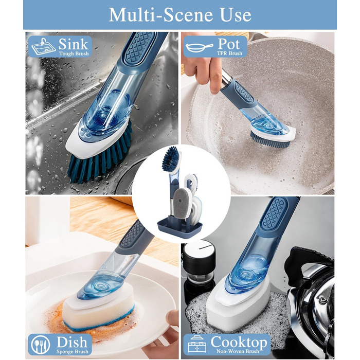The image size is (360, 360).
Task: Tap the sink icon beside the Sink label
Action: pos(43,46)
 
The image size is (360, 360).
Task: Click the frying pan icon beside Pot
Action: pos(199,47)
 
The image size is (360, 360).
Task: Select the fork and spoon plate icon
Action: pos(40,345)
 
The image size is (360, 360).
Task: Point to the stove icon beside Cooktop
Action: pos(196,345)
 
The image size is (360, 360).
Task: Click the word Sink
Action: pos(73,44)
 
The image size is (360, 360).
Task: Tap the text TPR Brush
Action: pos(229,53)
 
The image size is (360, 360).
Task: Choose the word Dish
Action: pos(72,342)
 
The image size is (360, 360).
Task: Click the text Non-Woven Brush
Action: pos(238,351)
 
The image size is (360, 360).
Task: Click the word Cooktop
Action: pos(239,343)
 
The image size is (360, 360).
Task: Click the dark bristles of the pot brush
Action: pos(270,141)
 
